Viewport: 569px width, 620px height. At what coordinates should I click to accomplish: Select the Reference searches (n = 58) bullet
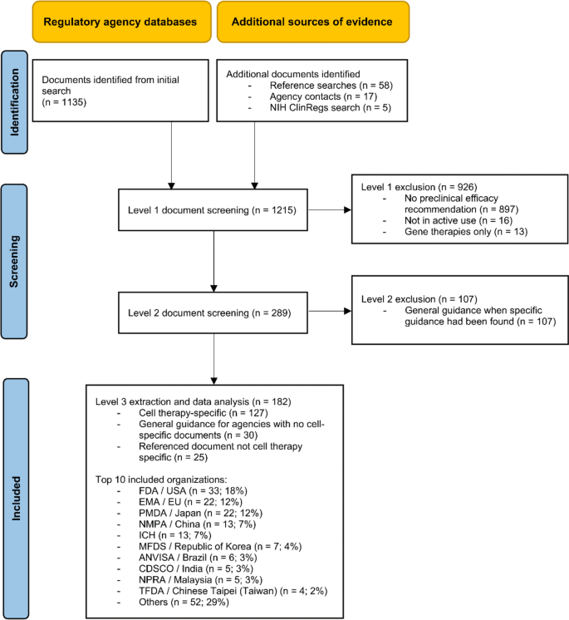(329, 86)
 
